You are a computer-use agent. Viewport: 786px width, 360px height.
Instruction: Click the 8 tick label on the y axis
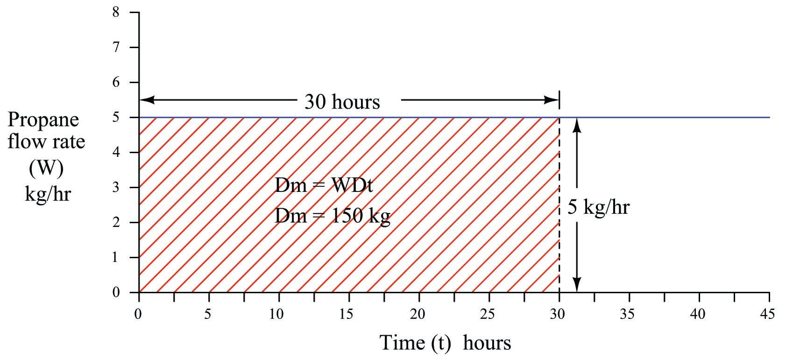(x=116, y=12)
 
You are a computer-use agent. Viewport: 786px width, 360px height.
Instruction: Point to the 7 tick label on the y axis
(x=116, y=47)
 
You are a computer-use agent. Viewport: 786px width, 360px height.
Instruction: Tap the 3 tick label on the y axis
(x=116, y=187)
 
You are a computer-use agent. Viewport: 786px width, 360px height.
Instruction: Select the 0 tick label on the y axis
(x=116, y=293)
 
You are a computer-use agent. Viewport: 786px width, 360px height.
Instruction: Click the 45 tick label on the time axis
(x=767, y=314)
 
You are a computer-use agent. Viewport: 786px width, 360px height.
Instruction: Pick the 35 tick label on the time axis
(x=628, y=314)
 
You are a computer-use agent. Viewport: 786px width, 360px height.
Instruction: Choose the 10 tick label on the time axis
(x=277, y=314)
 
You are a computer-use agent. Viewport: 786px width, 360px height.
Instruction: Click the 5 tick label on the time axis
(x=208, y=314)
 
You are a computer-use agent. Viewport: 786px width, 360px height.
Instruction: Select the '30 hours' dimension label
(x=342, y=101)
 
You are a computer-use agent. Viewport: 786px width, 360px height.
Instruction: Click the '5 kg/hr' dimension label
(x=598, y=206)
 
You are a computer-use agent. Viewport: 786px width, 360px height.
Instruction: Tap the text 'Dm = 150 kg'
(x=332, y=216)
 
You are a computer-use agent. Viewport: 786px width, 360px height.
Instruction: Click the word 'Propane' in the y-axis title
(x=43, y=120)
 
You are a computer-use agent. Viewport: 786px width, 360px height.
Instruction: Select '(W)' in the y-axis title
(x=46, y=169)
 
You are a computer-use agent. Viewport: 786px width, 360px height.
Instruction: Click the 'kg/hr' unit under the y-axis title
(x=47, y=193)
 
